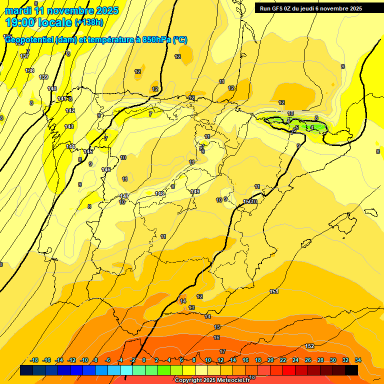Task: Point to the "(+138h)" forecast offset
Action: pos(88,22)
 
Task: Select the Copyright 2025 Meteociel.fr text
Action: pos(211,380)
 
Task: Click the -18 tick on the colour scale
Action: pos(34,360)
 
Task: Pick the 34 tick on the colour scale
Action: pos(358,360)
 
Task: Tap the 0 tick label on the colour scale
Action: pos(144,360)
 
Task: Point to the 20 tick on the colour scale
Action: pos(270,360)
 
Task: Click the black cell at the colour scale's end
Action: pos(351,370)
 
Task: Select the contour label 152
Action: pos(309,346)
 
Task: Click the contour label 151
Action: pos(274,291)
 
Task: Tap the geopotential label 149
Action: pos(195,191)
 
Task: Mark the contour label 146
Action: pos(106,169)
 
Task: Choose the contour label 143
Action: pos(69,126)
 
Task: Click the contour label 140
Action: pos(52,88)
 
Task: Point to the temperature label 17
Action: pos(222,351)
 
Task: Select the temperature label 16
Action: pos(216,338)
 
